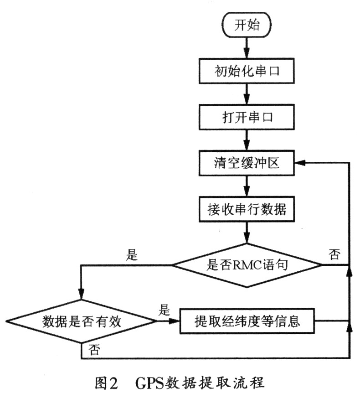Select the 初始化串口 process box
(247, 72)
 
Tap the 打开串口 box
(247, 117)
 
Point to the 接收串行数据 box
(247, 210)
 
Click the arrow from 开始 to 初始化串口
(247, 48)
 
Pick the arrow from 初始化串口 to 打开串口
(247, 95)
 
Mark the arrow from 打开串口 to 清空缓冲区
(247, 140)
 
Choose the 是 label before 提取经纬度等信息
(164, 311)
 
